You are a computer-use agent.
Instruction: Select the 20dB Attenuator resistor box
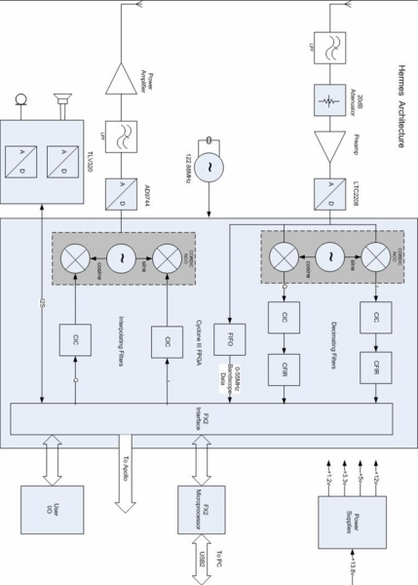tap(325, 100)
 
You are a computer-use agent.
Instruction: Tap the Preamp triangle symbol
tap(325, 147)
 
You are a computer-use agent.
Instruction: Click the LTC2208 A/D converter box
tap(325, 195)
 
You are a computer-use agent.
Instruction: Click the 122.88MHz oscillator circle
tap(208, 169)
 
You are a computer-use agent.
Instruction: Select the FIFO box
tap(230, 340)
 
